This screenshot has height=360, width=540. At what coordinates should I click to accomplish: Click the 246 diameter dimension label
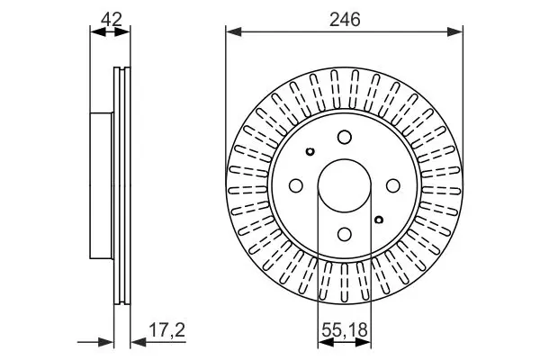pos(345,19)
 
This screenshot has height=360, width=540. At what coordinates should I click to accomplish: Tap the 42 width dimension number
pos(112,19)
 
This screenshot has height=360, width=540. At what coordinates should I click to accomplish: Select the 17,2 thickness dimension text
pos(167,330)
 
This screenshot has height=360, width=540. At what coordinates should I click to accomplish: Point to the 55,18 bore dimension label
pos(345,330)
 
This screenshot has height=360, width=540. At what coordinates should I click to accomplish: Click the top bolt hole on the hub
pos(345,137)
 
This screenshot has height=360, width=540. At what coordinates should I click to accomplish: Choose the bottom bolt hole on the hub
pos(345,234)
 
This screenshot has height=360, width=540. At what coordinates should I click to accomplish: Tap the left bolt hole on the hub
pos(295,185)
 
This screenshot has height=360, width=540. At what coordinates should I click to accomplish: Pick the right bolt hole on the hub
pos(393,185)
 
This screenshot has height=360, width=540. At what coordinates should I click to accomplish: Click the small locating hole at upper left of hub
pos(310,151)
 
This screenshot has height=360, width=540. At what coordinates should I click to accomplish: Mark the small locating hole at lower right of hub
pos(379,220)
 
